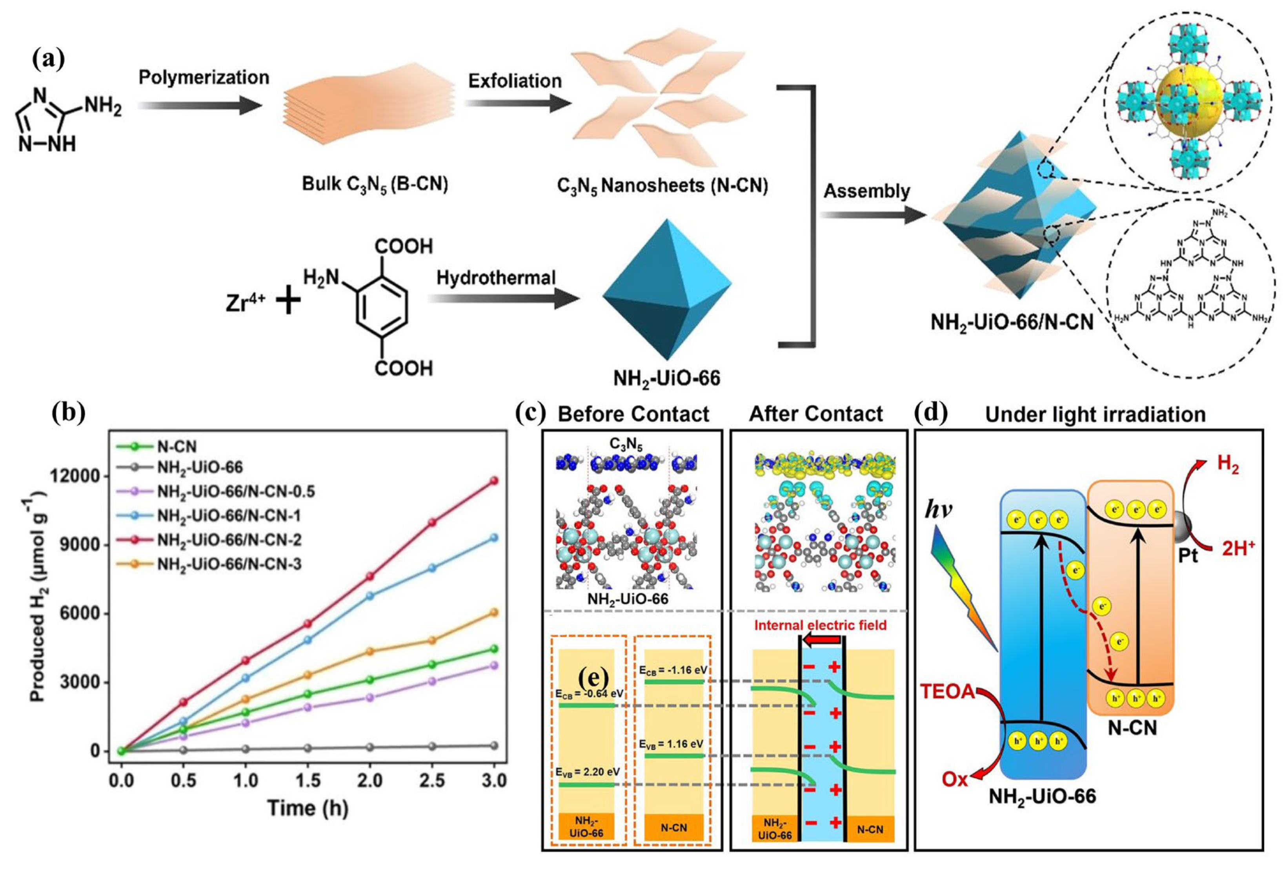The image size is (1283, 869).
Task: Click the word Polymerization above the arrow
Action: (204, 77)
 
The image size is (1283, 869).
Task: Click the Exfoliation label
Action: (515, 81)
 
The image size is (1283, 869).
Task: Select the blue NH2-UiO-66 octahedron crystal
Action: (666, 290)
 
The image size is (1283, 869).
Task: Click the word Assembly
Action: (866, 191)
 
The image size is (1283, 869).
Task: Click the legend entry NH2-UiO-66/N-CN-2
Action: (229, 540)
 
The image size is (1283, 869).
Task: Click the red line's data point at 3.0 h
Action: (493, 481)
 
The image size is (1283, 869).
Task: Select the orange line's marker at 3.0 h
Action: (493, 612)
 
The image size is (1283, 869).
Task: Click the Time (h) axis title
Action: (308, 808)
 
